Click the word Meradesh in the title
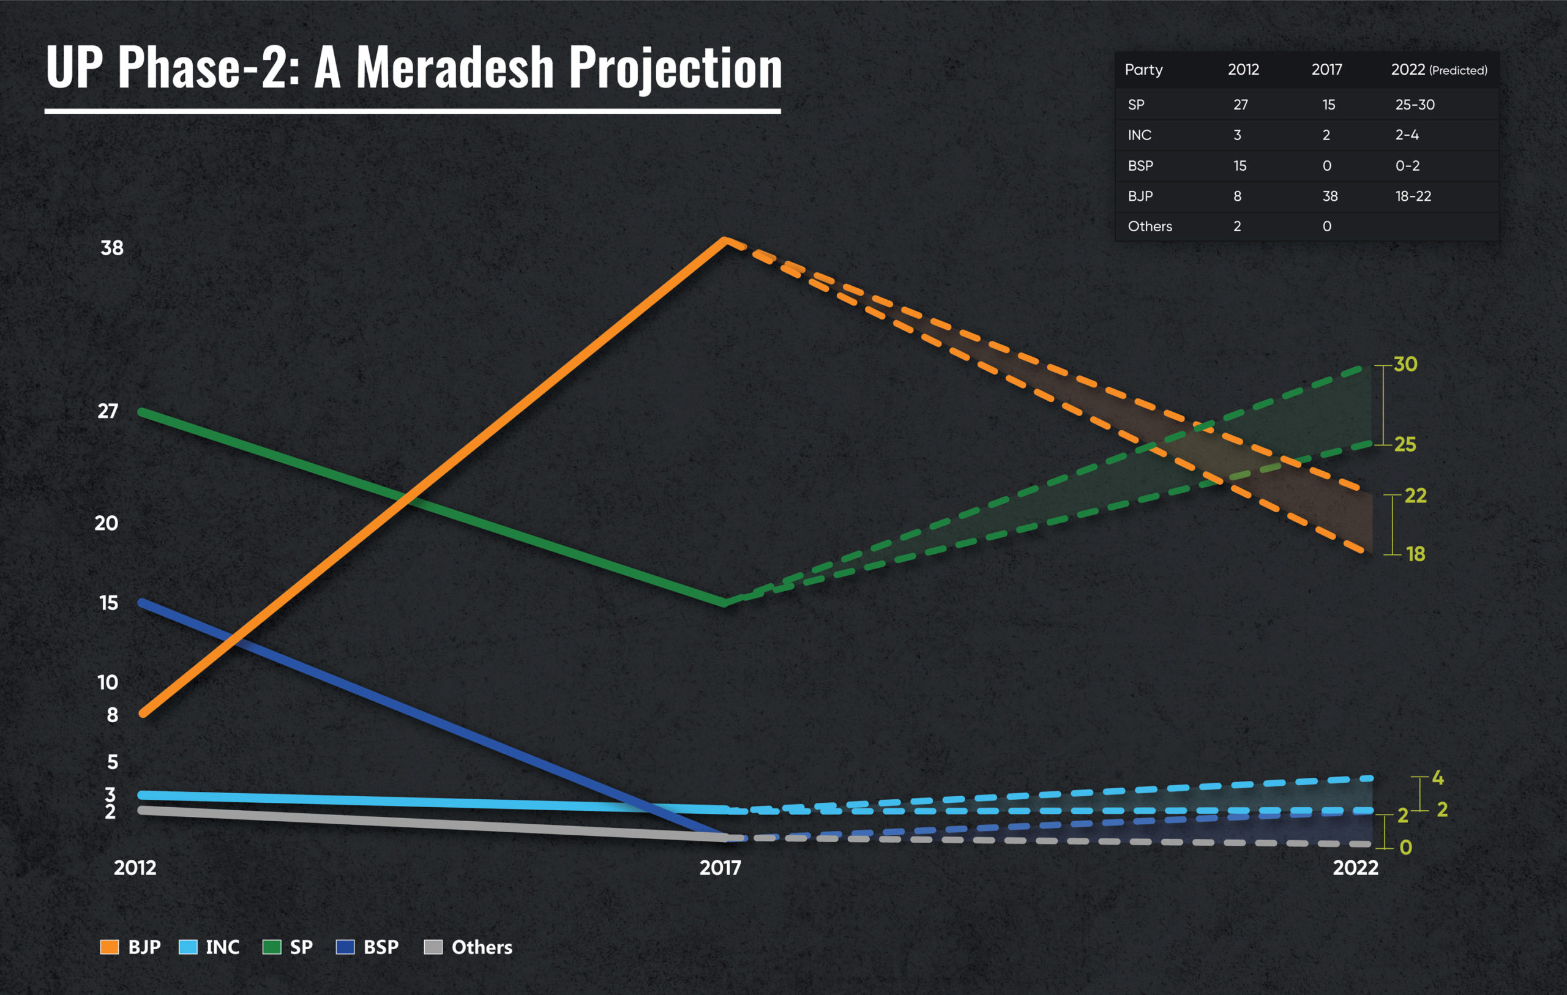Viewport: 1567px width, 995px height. [454, 68]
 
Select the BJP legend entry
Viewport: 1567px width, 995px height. [131, 947]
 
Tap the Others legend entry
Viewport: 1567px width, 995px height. [468, 947]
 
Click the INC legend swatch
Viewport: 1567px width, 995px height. [187, 947]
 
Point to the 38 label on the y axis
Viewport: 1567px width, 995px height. [112, 248]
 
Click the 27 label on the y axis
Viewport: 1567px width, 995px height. [108, 411]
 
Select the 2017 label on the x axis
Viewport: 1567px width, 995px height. [720, 868]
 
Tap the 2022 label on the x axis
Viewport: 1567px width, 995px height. [1355, 868]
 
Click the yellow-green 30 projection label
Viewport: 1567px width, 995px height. [1405, 365]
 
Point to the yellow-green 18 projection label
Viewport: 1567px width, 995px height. [1415, 554]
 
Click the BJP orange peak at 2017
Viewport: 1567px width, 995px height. [725, 240]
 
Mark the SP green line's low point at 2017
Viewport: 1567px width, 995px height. [724, 603]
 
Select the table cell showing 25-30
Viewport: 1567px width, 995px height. [1414, 105]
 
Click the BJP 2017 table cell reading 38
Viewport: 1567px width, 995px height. [1330, 196]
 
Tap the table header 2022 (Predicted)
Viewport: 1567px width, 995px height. [1438, 70]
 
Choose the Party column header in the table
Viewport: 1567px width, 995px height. [1143, 70]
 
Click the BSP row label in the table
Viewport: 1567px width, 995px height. [1140, 166]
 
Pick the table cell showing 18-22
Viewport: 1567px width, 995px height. [1413, 196]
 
